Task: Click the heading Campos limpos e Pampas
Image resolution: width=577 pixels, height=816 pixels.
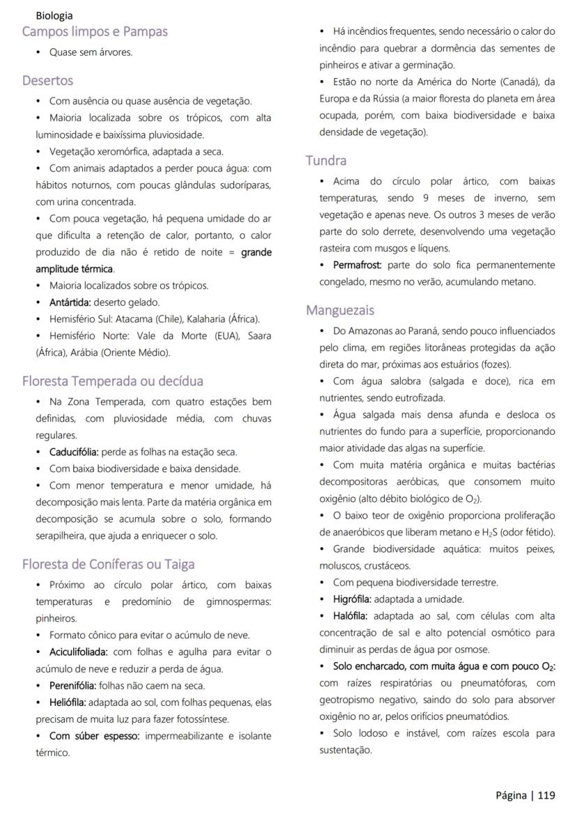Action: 95,31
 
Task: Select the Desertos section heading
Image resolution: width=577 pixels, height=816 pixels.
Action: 47,80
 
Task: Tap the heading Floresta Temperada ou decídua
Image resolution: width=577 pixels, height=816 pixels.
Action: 112,381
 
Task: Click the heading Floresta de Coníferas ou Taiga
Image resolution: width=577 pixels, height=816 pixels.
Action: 108,564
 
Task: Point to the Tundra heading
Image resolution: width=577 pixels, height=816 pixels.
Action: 326,160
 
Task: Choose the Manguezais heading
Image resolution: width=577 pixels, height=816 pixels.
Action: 340,310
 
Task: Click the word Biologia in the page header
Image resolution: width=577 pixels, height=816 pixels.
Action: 54,15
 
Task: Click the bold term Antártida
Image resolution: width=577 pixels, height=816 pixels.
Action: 70,302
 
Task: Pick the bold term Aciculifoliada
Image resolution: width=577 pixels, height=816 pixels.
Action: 78,652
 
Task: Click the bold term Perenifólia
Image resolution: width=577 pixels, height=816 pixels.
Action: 72,686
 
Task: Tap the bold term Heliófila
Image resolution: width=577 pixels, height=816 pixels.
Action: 68,702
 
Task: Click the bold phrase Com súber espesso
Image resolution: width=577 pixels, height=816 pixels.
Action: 94,736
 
